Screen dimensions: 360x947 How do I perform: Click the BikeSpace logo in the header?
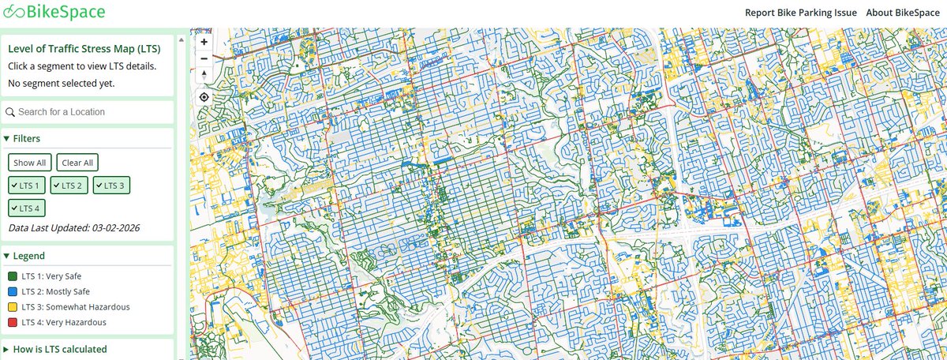coord(54,13)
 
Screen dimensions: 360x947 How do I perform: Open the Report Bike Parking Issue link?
coord(800,13)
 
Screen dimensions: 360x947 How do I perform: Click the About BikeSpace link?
coord(903,13)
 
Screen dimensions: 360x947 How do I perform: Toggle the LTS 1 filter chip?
coord(27,185)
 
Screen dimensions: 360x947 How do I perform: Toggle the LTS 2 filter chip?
coord(69,185)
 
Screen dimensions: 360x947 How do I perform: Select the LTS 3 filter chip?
coord(111,185)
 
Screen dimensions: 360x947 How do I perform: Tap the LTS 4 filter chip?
coord(27,208)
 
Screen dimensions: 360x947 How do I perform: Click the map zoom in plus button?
coord(204,42)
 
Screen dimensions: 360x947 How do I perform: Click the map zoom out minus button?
coord(204,58)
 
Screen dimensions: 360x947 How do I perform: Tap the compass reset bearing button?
coord(204,75)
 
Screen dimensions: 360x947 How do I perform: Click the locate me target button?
coord(204,97)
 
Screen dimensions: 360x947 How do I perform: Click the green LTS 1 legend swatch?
coord(13,276)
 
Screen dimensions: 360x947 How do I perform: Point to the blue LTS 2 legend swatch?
coord(13,291)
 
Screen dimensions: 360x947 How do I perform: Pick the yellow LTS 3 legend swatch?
coord(13,307)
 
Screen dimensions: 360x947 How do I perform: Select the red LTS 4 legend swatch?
coord(13,322)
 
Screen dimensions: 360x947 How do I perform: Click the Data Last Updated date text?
coord(74,228)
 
